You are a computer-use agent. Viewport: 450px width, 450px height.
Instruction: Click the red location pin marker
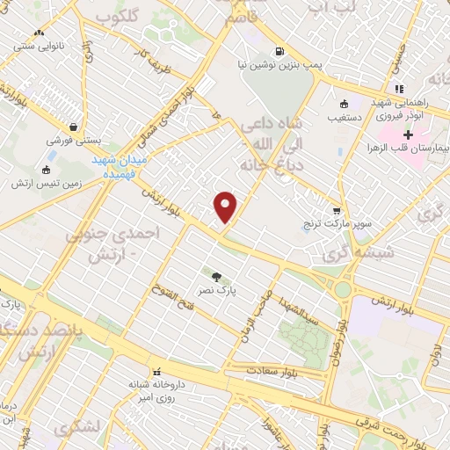[226, 207]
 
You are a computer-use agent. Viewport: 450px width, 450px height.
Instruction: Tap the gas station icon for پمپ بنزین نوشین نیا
[279, 50]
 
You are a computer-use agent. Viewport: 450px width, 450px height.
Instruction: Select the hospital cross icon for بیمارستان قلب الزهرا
[408, 134]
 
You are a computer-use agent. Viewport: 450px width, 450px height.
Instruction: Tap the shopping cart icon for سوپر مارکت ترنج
[337, 210]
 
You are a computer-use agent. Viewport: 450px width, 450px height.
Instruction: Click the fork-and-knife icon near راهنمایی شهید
[399, 88]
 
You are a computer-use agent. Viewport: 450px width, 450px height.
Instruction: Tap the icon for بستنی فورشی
[72, 127]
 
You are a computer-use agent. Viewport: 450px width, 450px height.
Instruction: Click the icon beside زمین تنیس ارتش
[47, 170]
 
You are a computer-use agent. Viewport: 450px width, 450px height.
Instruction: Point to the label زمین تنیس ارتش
[47, 184]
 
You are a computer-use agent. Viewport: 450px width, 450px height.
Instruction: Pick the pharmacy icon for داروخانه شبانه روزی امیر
[158, 371]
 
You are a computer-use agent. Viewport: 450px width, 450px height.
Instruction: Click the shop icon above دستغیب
[343, 102]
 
